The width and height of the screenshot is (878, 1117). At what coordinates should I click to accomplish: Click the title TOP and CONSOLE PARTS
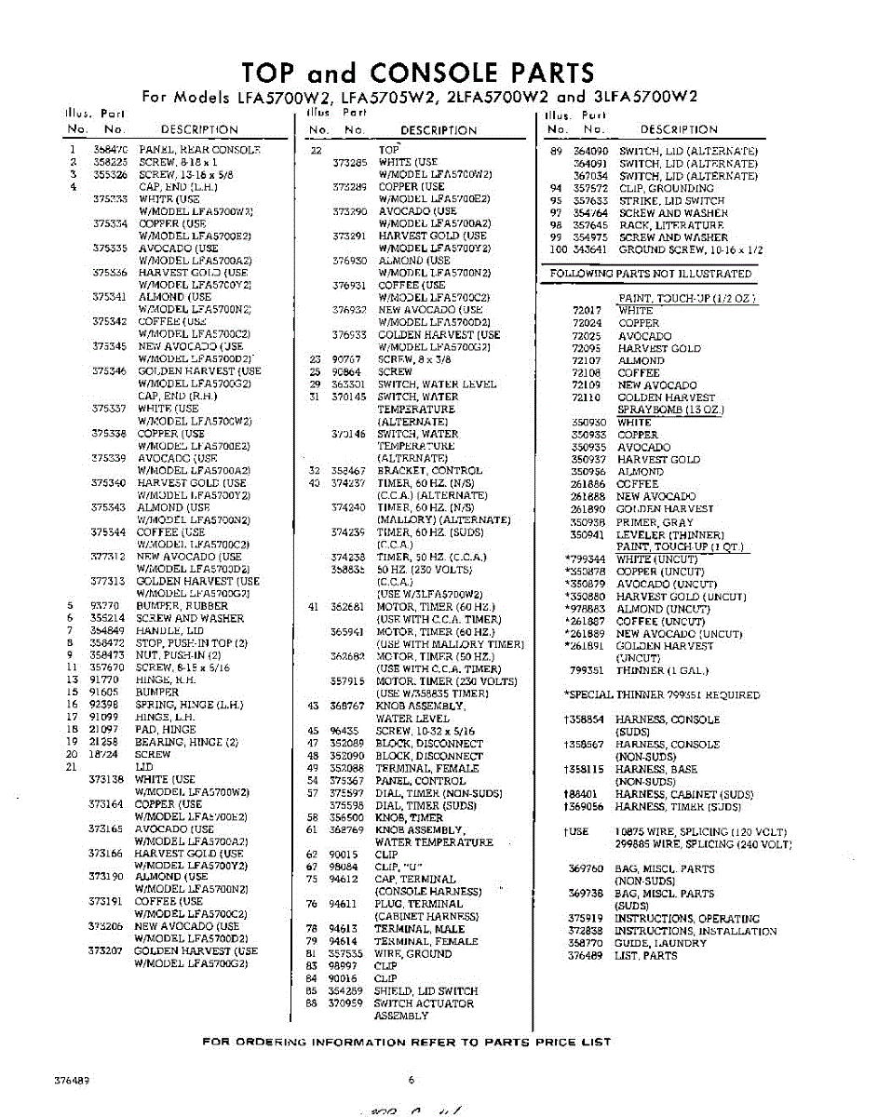pos(417,73)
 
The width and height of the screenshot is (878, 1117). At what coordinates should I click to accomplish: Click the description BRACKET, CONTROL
pos(429,471)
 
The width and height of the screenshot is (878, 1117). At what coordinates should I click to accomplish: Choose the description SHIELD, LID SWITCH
pos(425,991)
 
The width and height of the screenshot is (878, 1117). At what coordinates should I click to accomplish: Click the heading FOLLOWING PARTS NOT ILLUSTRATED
pos(650,274)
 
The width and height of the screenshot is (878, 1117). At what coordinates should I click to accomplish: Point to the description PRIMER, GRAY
pos(655,522)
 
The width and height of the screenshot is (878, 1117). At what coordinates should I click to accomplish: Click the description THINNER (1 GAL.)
pos(662,670)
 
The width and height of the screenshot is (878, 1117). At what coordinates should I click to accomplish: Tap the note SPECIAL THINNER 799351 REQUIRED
pos(661,694)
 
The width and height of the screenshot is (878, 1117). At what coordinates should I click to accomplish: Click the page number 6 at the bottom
pos(410,1080)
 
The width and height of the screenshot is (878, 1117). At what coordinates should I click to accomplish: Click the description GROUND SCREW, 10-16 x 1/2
pos(690,250)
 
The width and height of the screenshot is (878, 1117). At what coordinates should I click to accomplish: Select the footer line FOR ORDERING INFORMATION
pos(407,1042)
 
